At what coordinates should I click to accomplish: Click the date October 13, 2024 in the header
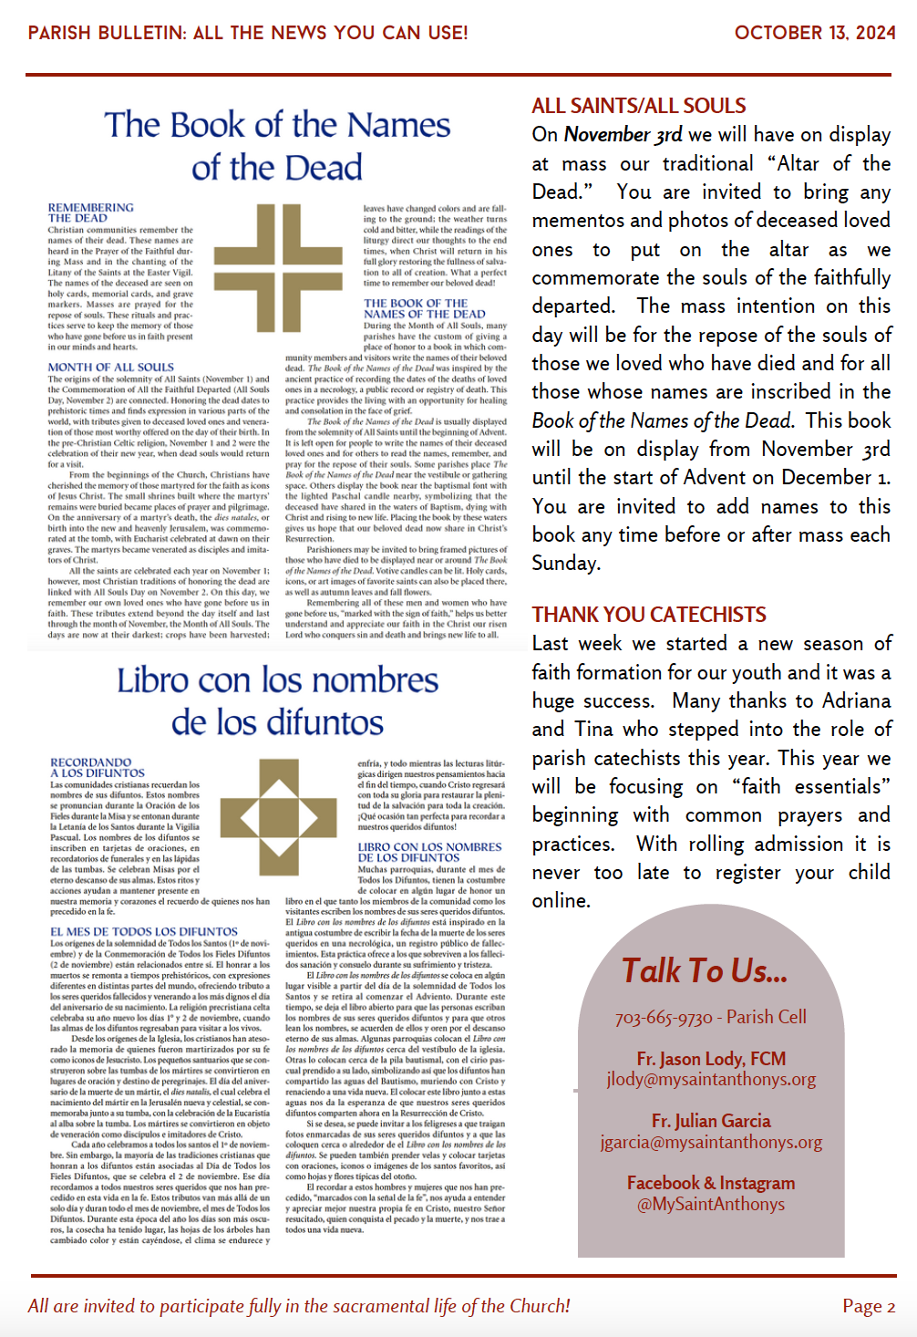click(814, 33)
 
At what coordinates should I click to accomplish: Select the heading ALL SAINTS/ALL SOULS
click(639, 106)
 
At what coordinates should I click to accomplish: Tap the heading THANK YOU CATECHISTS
click(649, 615)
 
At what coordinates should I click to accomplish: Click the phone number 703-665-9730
click(664, 1018)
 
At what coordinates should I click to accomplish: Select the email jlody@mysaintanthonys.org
click(711, 1080)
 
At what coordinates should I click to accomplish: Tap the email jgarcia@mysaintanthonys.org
click(711, 1142)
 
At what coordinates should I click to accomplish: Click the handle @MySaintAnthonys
click(711, 1204)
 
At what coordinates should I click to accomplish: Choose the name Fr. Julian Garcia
click(711, 1121)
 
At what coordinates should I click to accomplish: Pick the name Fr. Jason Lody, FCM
click(711, 1059)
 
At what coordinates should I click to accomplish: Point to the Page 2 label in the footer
click(869, 1306)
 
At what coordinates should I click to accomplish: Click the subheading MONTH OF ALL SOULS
click(110, 368)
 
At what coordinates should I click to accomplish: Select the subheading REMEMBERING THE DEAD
click(90, 212)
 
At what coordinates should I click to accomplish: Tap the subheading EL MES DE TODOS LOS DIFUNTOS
click(144, 932)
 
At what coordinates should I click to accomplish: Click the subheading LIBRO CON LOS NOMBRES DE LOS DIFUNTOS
click(429, 852)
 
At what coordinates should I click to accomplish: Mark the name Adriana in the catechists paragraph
click(856, 700)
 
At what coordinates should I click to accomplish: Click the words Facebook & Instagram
click(711, 1183)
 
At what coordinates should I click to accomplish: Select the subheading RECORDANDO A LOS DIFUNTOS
click(97, 767)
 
